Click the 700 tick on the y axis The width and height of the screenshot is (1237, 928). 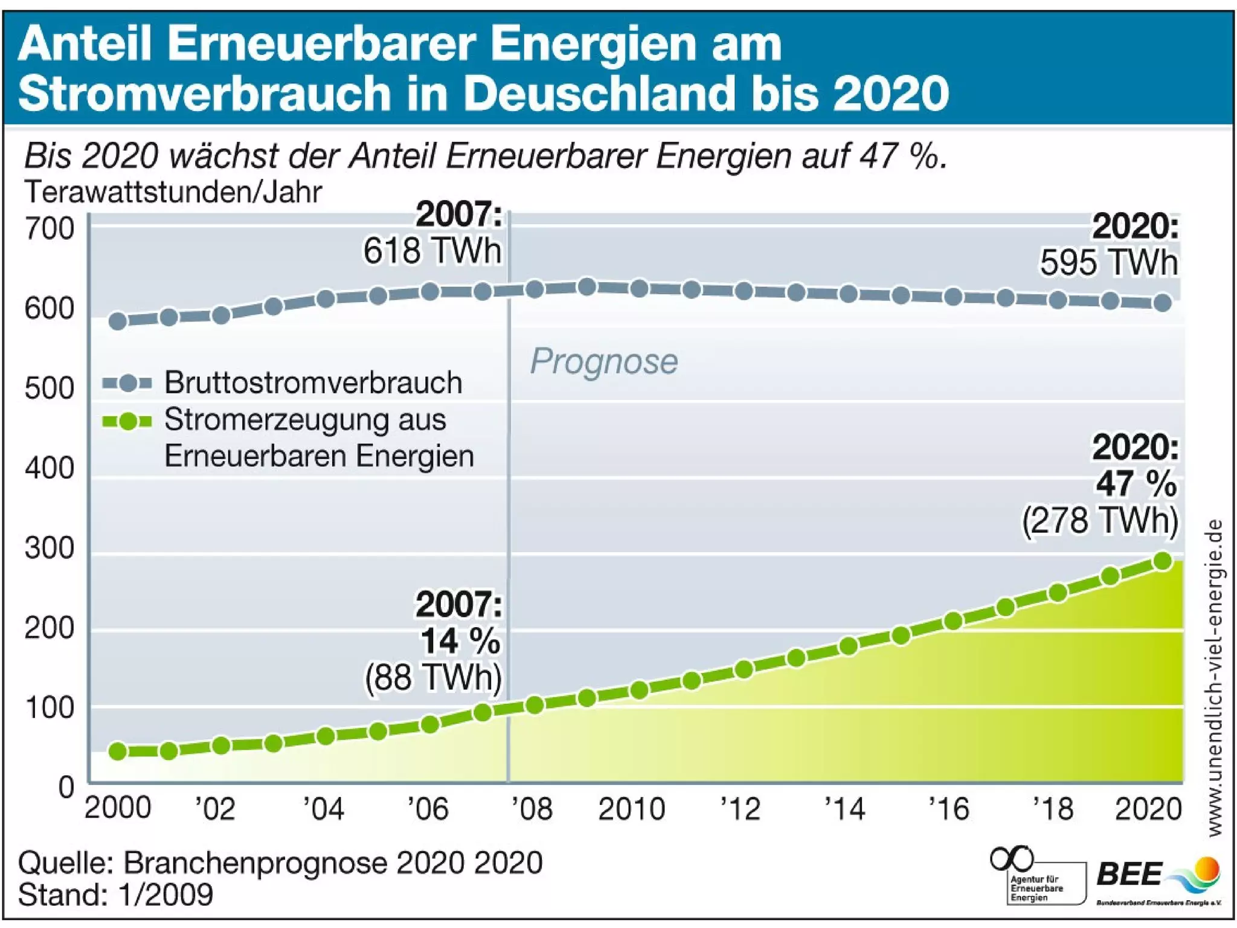50,229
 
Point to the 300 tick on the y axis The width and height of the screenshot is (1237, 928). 50,549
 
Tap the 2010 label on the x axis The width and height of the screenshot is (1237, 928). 631,809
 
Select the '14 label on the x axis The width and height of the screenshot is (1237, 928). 845,809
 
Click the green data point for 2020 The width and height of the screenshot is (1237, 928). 1163,561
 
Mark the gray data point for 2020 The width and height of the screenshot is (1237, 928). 1163,303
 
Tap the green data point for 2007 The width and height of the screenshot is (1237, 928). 483,713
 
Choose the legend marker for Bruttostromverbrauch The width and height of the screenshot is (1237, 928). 127,383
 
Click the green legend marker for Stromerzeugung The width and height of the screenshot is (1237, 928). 127,421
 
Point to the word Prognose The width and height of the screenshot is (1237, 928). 604,361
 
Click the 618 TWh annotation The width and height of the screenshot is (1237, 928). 432,251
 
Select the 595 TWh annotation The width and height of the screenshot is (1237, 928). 1109,263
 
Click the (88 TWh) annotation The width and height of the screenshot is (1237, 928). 433,678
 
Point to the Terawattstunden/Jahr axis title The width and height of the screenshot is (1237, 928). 173,192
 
